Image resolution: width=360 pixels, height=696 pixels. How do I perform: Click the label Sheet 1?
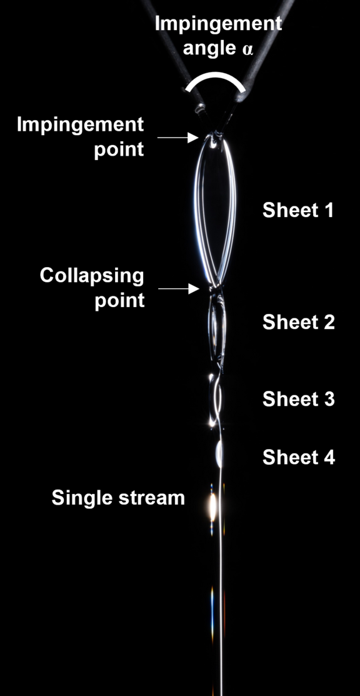[x=297, y=210]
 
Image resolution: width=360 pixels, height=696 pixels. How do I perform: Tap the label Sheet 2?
[x=298, y=322]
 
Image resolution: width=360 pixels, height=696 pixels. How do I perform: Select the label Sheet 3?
[x=298, y=399]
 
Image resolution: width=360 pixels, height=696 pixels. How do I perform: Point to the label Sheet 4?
[x=298, y=457]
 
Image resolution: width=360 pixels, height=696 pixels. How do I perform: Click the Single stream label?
[x=118, y=498]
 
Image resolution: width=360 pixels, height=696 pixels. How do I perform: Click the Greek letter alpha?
[x=247, y=49]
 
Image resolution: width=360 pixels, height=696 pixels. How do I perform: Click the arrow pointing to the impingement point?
[x=177, y=138]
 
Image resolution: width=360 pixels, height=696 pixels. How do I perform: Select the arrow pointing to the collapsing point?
[x=179, y=289]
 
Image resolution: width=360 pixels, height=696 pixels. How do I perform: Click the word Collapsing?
[x=92, y=276]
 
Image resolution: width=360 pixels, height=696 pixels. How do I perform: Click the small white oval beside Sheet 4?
[x=219, y=454]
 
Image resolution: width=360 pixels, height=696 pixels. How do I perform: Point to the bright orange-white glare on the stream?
[x=212, y=507]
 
